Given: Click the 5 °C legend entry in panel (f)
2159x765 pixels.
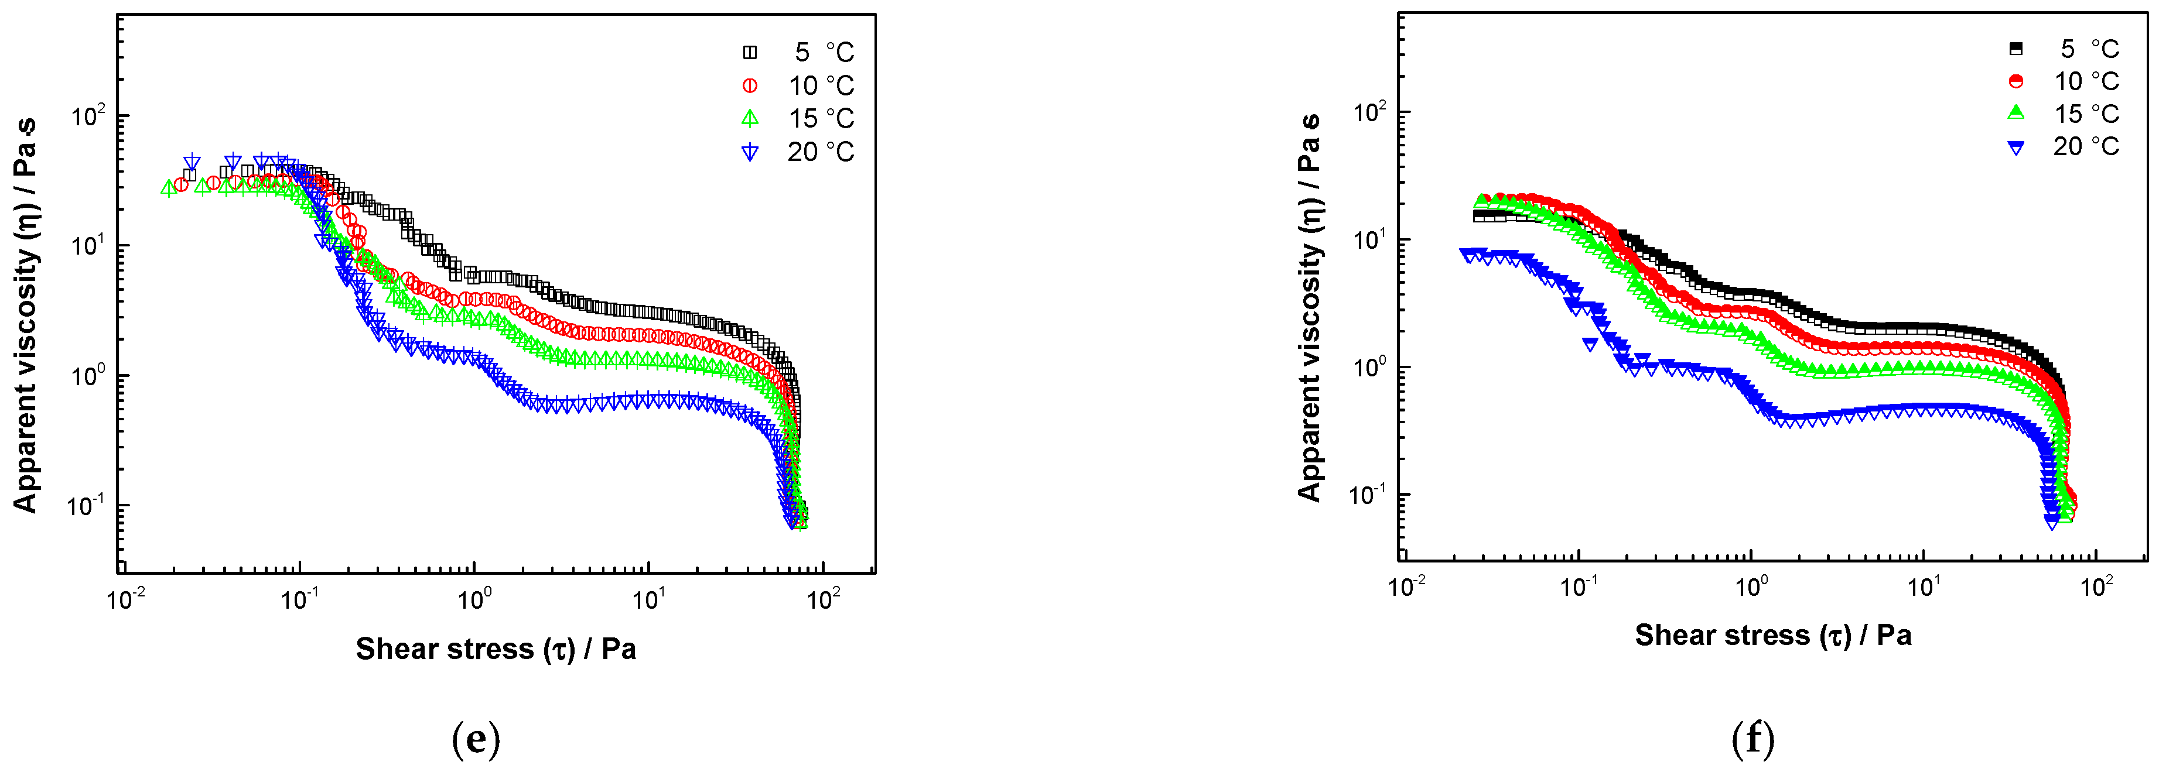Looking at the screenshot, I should point(2066,49).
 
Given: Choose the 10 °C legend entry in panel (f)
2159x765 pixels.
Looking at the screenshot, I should point(2066,81).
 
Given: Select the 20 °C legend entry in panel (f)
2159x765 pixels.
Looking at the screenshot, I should point(2066,147).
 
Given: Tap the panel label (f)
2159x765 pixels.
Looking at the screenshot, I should point(1753,739).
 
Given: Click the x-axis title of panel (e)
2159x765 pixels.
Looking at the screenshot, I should point(496,649).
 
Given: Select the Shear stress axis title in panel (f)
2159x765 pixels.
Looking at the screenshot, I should point(1772,635).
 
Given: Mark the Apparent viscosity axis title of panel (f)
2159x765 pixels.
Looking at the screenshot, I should point(1309,307).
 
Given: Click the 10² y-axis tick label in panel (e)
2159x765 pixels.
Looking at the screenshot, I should point(88,116).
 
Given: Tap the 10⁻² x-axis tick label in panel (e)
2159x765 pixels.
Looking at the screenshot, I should point(127,599).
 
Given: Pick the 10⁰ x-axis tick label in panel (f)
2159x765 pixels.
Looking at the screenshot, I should point(1751,586).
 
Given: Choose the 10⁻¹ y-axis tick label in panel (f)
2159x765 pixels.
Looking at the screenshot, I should point(1369,495).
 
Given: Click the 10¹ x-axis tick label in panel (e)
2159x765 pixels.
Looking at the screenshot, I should point(649,599).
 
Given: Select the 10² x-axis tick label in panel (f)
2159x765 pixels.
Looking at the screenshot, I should point(2096,586).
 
